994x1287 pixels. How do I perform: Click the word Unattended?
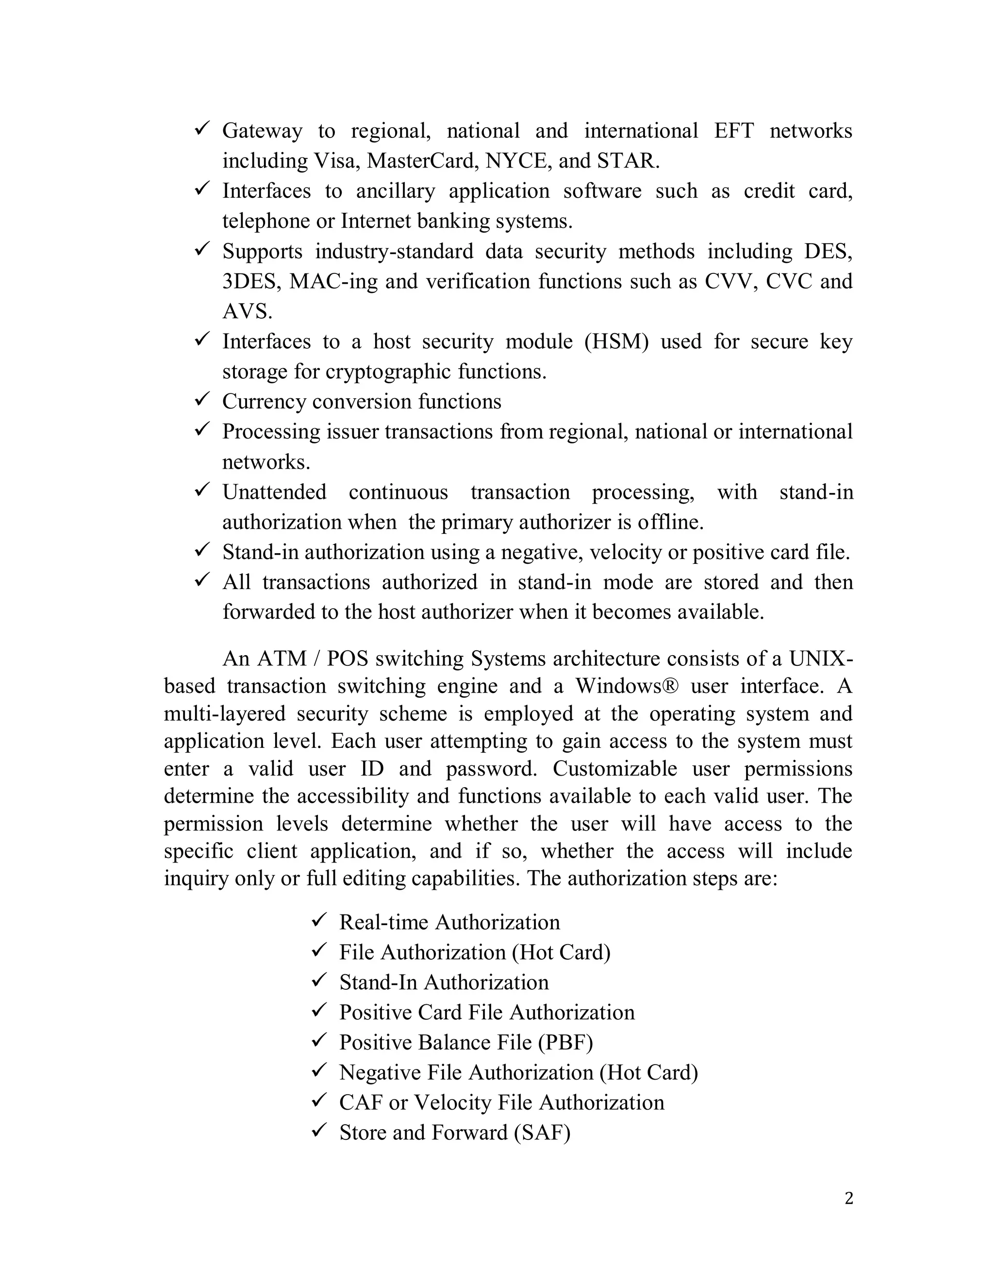coord(274,492)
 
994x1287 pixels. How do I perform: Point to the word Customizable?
coord(615,768)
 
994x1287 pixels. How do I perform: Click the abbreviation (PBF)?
coord(565,1042)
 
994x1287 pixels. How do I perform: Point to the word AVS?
coord(247,312)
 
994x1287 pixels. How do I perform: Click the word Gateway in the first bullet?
coord(262,131)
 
